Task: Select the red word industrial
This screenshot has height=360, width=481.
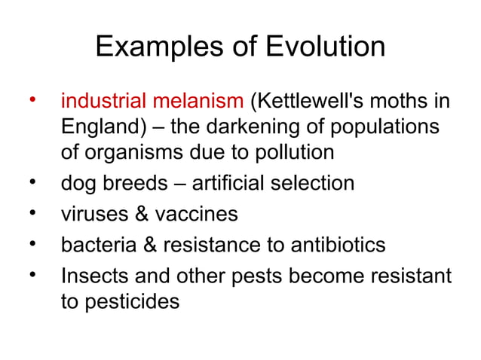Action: pyautogui.click(x=104, y=100)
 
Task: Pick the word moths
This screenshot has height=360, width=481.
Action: pyautogui.click(x=404, y=100)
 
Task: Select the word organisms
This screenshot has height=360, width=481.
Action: pyautogui.click(x=131, y=152)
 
